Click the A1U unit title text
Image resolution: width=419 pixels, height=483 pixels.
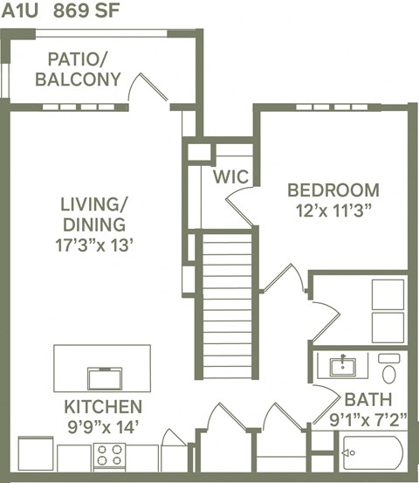[x=19, y=10]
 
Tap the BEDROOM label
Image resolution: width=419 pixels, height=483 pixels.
[x=333, y=190]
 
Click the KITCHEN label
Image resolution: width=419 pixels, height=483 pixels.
[x=102, y=407]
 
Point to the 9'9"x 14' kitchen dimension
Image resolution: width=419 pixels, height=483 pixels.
[x=102, y=426]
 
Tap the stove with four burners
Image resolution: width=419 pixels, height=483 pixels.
[x=110, y=456]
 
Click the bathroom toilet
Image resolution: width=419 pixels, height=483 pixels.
[x=389, y=368]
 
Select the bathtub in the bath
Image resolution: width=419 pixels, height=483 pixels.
[x=370, y=453]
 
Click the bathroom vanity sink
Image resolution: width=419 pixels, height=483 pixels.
[x=342, y=365]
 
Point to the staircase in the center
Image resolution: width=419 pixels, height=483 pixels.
[x=227, y=301]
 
